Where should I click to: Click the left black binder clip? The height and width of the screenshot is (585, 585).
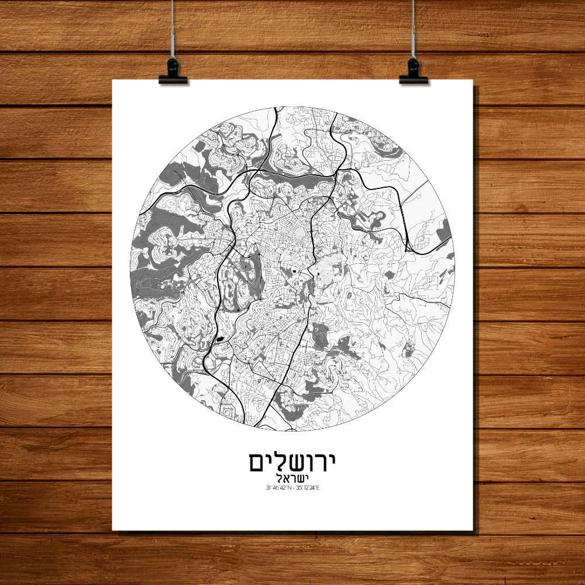[x=173, y=71]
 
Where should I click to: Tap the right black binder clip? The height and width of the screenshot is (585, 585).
[x=414, y=71]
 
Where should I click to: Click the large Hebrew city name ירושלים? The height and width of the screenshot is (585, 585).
[x=292, y=462]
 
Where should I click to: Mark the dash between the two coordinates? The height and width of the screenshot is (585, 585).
[x=293, y=487]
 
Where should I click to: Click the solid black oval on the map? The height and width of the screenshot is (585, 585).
[x=221, y=338]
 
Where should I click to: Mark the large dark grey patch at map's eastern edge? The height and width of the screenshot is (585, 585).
[x=444, y=231]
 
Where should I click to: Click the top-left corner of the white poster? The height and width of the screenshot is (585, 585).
[x=113, y=80]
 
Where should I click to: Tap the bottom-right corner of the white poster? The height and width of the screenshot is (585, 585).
[x=472, y=530]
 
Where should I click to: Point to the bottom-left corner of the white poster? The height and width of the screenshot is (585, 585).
[x=113, y=530]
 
